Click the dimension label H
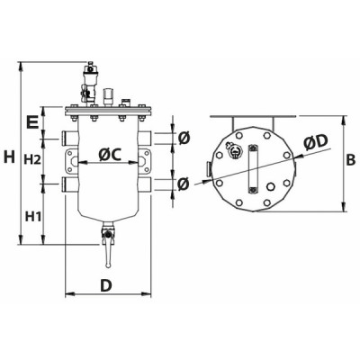point(9,157)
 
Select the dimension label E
point(32,120)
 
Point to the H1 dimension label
point(33,216)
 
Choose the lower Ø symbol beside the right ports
point(183,184)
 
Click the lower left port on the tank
point(68,184)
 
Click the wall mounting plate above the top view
point(253,118)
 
